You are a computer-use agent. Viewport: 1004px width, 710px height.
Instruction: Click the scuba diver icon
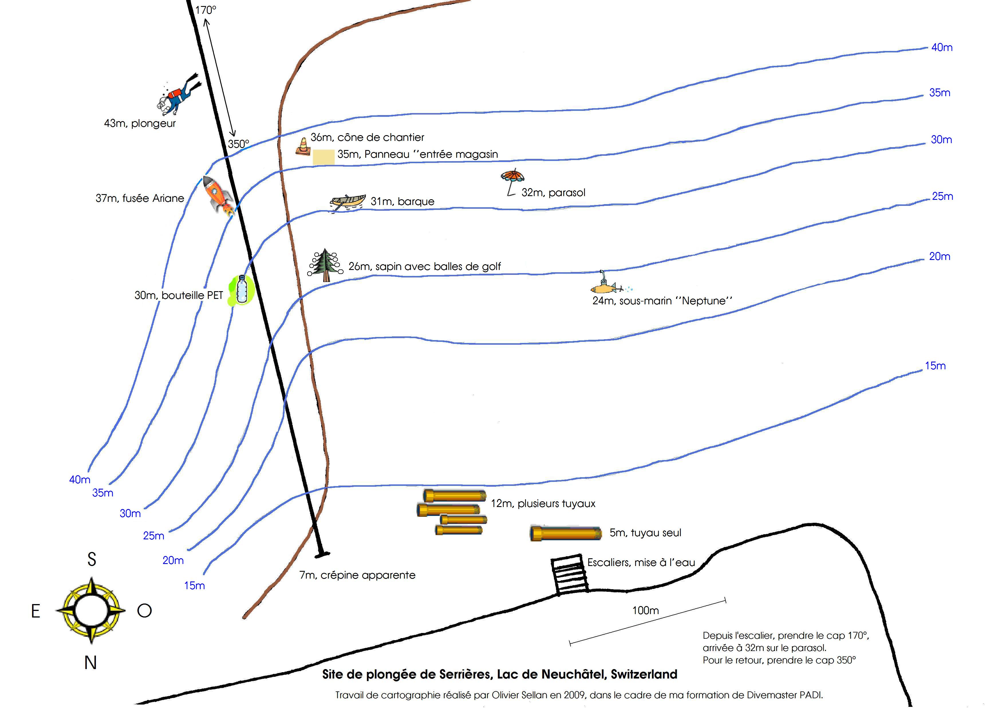tap(178, 96)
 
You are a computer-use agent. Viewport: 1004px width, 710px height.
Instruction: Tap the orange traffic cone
tap(303, 147)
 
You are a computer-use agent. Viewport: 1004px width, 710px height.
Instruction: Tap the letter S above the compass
tap(91, 559)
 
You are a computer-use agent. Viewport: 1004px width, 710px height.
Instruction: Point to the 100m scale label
tap(645, 610)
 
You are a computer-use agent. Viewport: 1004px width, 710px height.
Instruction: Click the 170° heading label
tap(206, 10)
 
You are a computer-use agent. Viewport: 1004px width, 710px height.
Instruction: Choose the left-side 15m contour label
tap(194, 585)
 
